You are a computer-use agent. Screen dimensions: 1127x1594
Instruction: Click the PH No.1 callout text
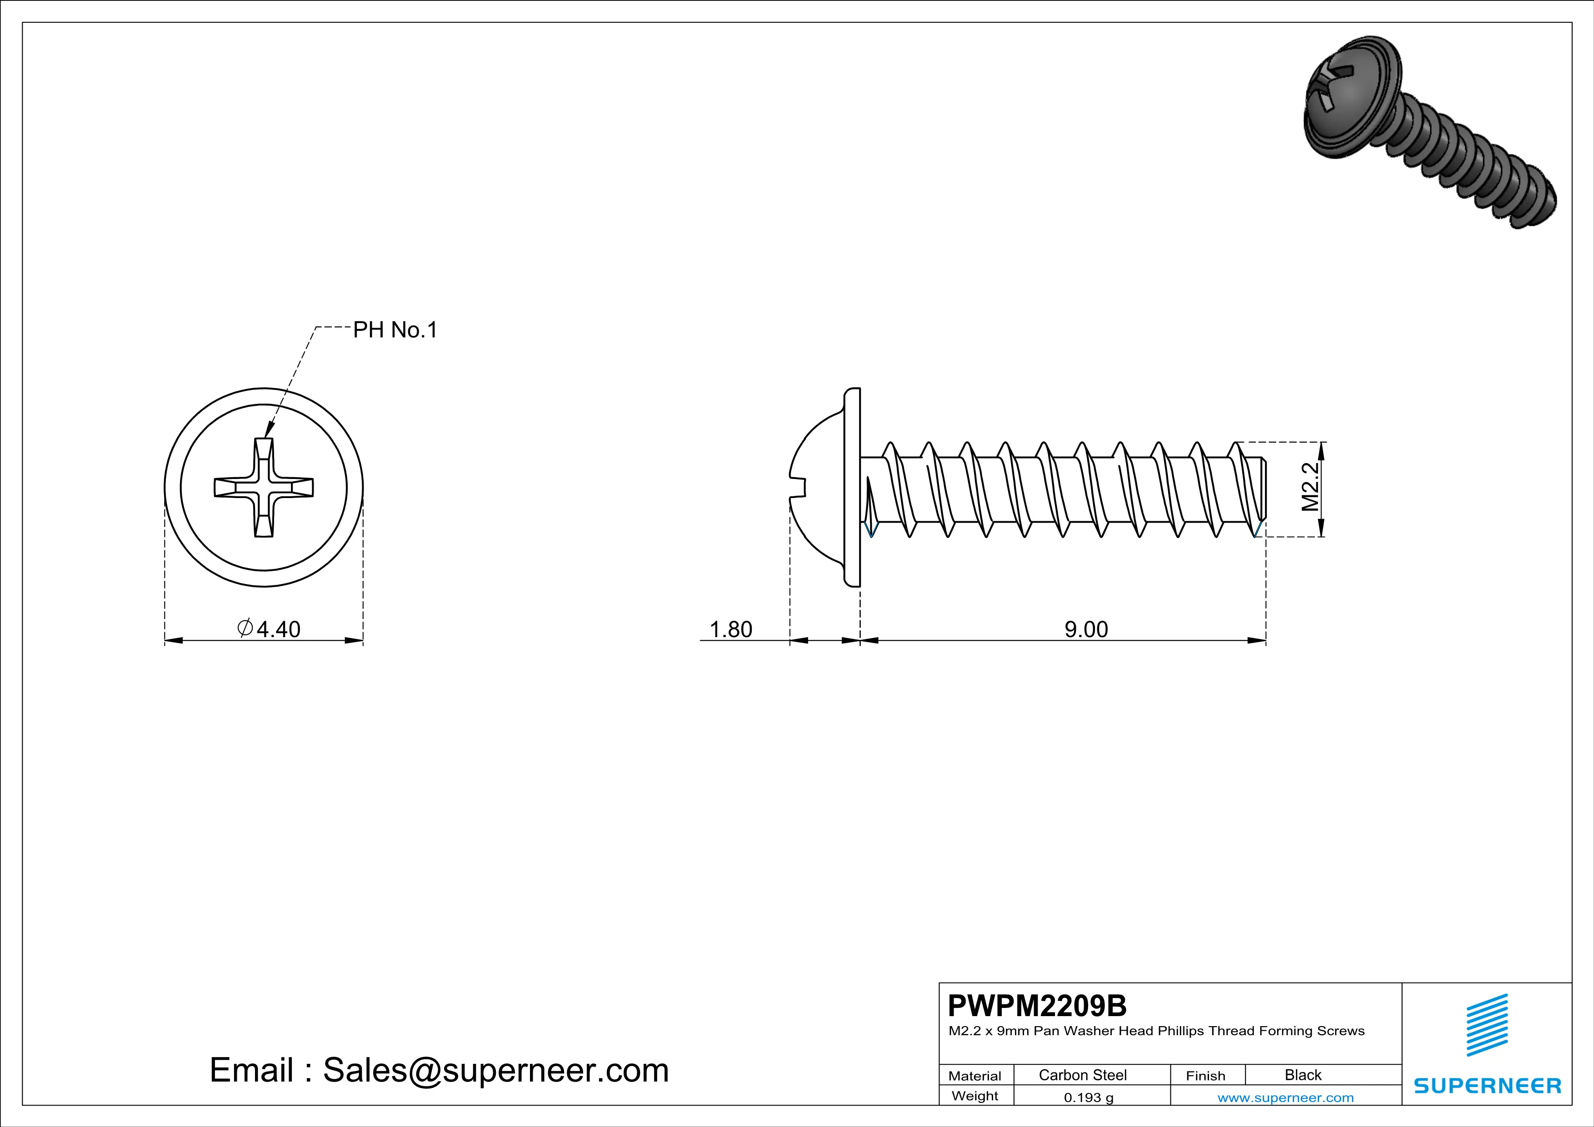(x=395, y=329)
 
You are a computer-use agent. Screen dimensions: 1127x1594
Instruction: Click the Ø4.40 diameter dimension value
(x=270, y=629)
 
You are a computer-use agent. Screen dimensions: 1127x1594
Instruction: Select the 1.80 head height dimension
(x=730, y=629)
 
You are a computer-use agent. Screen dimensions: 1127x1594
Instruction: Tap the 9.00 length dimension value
(x=1086, y=629)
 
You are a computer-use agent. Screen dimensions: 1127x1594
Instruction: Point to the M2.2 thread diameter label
(x=1309, y=487)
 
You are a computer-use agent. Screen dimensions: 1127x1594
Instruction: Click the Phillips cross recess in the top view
(x=264, y=487)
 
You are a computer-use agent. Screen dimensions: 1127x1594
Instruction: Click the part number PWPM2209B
(x=1037, y=1006)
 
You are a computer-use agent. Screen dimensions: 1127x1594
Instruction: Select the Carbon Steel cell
(x=1082, y=1075)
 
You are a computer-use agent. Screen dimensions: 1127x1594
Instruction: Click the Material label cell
(x=975, y=1076)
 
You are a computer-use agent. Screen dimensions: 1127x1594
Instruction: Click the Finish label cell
(x=1205, y=1076)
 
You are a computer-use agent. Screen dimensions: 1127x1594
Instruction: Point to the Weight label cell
(x=975, y=1096)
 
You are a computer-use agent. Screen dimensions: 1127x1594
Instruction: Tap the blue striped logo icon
(x=1486, y=1025)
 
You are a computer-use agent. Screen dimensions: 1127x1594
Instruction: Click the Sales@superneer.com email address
(x=496, y=1070)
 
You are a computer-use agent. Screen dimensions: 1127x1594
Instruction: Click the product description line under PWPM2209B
(x=1156, y=1031)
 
